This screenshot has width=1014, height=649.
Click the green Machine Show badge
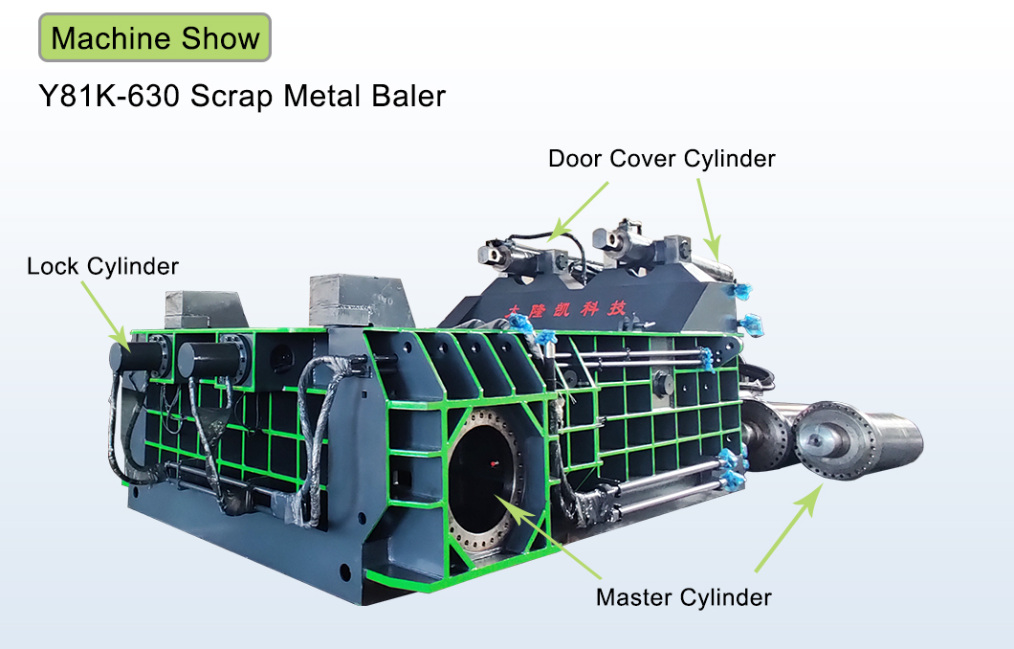click(x=155, y=37)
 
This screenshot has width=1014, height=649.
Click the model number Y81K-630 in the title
click(x=109, y=97)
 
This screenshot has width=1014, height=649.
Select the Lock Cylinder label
click(x=102, y=266)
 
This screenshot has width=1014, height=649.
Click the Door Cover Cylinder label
click(x=662, y=159)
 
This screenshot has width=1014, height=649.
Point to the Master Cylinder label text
click(x=684, y=597)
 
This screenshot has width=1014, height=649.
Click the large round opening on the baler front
click(x=484, y=478)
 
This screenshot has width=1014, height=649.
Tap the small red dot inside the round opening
click(x=495, y=463)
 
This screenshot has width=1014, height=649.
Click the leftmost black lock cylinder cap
click(x=139, y=356)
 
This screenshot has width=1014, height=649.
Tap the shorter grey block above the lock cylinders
click(x=207, y=310)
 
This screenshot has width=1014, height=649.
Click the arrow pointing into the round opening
click(x=548, y=537)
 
